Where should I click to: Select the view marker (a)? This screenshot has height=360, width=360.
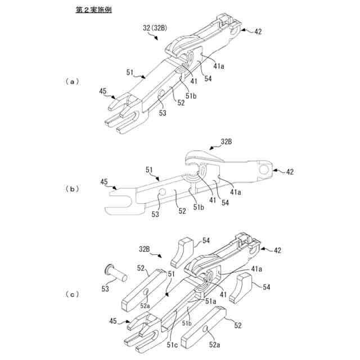click(x=71, y=82)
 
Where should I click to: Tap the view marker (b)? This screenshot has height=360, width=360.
click(x=71, y=189)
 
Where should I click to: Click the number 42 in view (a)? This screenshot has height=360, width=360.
click(x=258, y=32)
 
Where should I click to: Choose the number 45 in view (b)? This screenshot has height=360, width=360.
click(x=103, y=182)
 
